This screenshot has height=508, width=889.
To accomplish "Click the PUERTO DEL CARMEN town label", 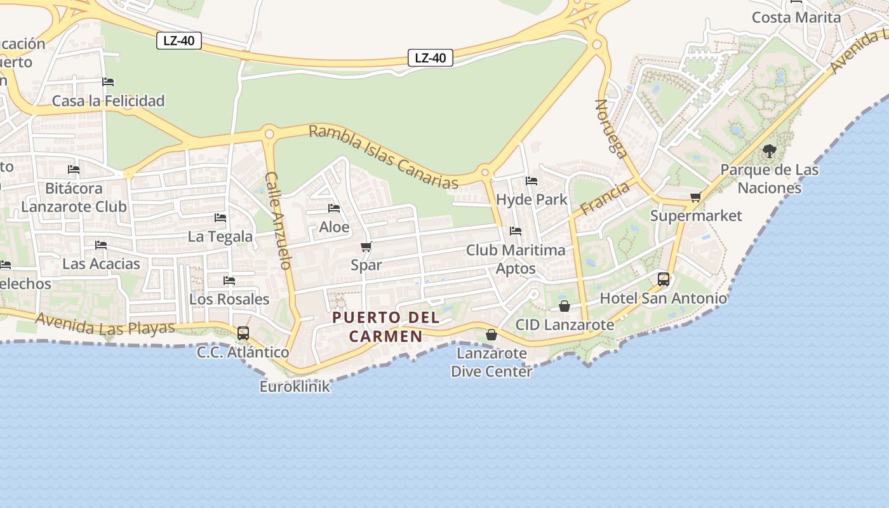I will point(377,326).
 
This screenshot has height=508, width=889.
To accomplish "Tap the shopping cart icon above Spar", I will point(366,246).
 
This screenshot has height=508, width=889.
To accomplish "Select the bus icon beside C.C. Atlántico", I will point(243,333).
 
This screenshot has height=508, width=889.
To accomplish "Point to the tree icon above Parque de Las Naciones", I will point(769,151).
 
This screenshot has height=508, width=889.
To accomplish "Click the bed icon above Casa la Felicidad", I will point(108,82).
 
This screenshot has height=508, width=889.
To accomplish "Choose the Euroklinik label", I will point(295,386).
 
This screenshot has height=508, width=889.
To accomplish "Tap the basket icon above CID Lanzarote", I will point(564,307).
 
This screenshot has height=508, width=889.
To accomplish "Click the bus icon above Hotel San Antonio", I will point(663,279).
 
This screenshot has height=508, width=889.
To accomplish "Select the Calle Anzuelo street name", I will point(278,220).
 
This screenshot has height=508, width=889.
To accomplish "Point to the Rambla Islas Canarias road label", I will point(384,157).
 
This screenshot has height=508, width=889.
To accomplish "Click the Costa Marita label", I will point(796,17).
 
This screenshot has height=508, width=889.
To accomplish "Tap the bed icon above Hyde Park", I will point(531,181).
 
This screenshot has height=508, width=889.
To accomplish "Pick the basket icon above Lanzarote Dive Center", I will point(491,334).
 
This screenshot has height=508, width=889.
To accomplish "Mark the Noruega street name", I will point(611,128).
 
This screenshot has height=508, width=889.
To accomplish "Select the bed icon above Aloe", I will point(334,208).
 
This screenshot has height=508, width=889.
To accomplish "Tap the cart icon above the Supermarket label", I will point(695,197).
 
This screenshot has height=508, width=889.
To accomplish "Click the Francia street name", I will point(604,197).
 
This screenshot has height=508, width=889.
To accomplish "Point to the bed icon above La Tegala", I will point(220,218).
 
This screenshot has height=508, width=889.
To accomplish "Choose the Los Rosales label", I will point(229,299).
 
